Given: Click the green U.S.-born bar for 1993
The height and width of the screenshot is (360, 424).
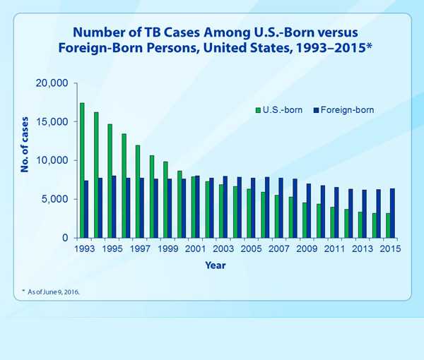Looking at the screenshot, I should click(82, 170).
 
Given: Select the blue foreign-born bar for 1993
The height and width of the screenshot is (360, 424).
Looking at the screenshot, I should click(86, 209).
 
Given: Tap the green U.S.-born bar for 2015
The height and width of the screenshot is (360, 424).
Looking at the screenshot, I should click(387, 225).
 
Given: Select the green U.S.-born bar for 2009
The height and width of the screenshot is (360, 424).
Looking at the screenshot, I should click(304, 220).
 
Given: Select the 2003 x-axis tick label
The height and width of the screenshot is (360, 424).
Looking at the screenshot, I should click(223, 249).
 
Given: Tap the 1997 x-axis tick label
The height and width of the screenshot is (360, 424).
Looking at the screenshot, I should click(139, 249).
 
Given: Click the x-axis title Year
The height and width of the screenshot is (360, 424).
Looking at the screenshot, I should click(216, 265).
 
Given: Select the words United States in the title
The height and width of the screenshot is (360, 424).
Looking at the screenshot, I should click(290, 48).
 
